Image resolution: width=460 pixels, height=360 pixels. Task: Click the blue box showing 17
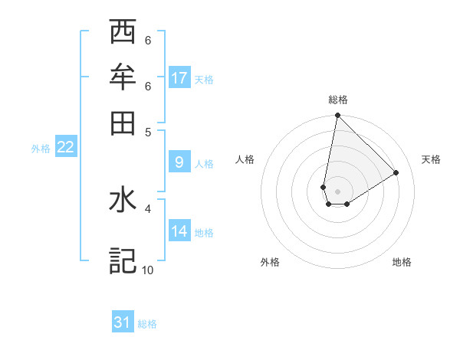coord(179,78)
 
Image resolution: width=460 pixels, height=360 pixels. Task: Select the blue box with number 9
coord(179,162)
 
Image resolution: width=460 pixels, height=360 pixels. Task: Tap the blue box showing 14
coord(179,231)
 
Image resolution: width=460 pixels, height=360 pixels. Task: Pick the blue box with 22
coord(65,147)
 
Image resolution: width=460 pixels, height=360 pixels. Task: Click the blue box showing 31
coord(123,323)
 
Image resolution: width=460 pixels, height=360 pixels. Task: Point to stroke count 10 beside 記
coord(147,270)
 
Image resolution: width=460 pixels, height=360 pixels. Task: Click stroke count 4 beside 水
coord(148,208)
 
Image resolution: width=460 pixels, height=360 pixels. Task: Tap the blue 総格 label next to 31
coord(147,324)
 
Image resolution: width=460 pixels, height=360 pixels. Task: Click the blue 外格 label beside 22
coord(40,148)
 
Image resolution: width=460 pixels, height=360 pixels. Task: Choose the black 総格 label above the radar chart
coord(337,100)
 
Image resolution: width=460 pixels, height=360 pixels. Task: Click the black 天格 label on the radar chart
coord(431,159)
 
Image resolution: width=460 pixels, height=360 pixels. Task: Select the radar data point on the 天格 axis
coord(396,172)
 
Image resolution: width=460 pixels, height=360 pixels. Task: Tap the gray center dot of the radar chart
coord(337,191)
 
